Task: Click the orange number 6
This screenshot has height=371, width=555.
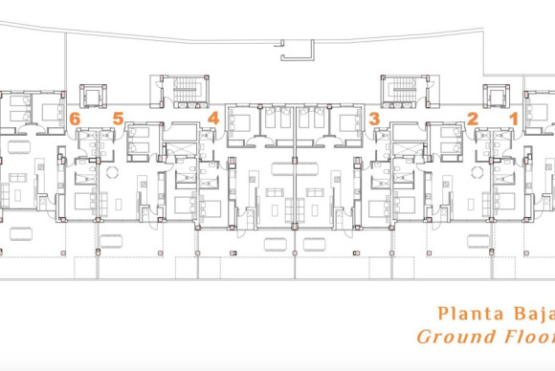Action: click(75, 119)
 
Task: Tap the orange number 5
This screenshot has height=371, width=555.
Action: click(118, 119)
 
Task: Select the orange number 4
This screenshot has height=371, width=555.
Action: click(212, 119)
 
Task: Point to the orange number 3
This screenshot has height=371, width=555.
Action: click(374, 119)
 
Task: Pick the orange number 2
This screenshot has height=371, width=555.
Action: click(472, 119)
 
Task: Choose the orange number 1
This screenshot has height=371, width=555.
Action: click(514, 119)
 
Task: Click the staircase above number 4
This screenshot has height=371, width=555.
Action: click(182, 93)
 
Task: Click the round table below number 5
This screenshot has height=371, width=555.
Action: click(112, 172)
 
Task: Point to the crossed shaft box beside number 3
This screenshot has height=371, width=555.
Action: click(405, 149)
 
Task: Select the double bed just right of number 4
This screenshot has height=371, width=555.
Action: click(240, 120)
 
